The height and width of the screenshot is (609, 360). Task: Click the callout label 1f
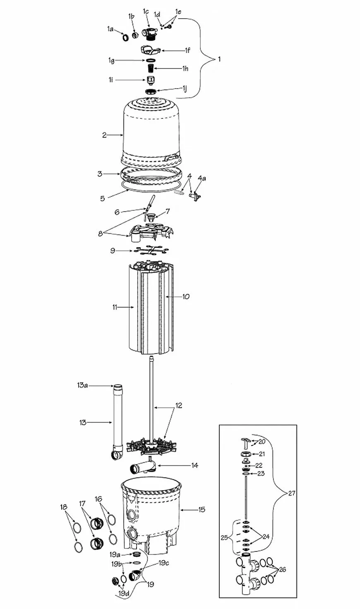(x=188, y=50)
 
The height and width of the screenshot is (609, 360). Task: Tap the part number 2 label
(x=104, y=135)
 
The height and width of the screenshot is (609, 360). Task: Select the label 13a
(x=82, y=385)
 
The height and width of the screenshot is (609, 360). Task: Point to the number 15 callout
(x=202, y=510)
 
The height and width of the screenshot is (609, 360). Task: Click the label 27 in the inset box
(x=291, y=493)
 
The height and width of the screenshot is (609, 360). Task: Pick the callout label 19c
(x=163, y=563)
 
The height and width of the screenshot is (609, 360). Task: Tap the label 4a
(x=202, y=178)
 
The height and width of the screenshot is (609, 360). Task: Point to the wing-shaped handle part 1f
(x=150, y=50)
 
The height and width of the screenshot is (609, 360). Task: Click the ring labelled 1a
(x=125, y=37)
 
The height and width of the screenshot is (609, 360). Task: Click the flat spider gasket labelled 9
(x=150, y=250)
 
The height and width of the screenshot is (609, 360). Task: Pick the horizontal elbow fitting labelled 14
(x=142, y=468)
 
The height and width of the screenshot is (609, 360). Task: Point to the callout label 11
(x=115, y=307)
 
